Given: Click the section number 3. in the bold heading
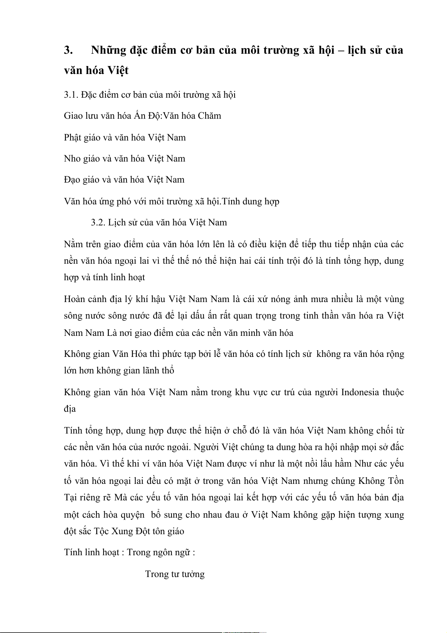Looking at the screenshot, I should coord(68,50).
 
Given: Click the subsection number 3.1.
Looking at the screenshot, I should coord(71,95).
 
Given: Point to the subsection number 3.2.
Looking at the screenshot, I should coord(98,222).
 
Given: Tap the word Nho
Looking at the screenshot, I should coord(72,159).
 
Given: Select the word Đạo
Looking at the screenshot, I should coord(72,180).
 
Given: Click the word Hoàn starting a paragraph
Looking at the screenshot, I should coord(75,299).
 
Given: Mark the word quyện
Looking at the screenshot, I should coord(133,515).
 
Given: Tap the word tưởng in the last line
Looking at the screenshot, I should coord(193,574).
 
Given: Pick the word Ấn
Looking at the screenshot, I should coord(140,116).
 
